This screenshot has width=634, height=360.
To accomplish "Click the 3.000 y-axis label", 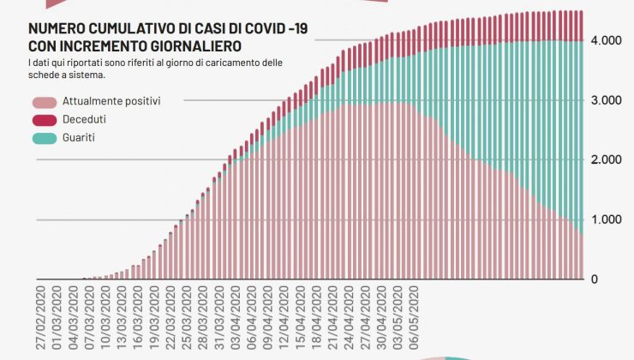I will [x=605, y=100].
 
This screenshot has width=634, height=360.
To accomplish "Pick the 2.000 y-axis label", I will [x=605, y=160].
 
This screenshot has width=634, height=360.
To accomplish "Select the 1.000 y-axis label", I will [x=605, y=219].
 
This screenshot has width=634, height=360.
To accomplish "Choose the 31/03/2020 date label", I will [x=220, y=318].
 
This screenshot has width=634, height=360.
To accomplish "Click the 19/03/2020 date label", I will [x=155, y=318].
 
